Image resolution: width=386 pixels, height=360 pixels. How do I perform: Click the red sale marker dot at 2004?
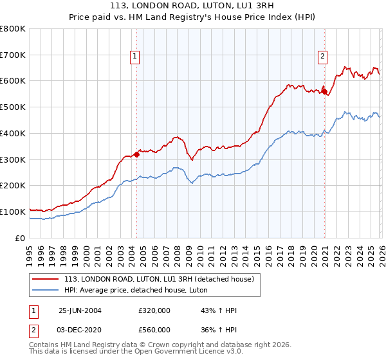[137, 154]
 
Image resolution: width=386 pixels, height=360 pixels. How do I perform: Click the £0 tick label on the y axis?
[19, 238]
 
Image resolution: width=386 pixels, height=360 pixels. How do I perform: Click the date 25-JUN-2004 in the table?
[80, 310]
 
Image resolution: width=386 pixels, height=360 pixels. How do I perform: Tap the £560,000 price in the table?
[154, 330]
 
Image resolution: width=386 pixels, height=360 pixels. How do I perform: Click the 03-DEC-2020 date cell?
[80, 330]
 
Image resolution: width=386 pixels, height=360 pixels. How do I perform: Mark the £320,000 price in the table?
[154, 310]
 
